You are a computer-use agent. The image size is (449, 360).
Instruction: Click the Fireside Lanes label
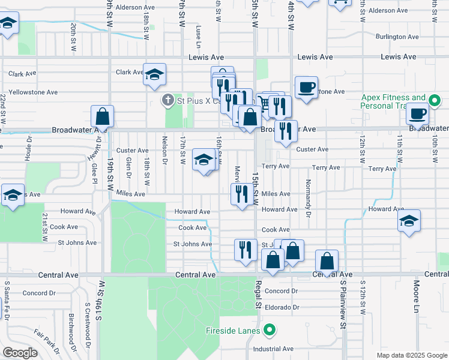click(232, 330)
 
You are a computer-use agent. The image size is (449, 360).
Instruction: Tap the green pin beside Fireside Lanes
click(270, 329)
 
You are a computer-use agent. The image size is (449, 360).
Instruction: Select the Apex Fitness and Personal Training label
click(393, 101)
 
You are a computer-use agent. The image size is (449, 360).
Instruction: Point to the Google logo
click(20, 353)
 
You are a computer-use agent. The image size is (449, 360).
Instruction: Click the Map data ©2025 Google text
click(412, 355)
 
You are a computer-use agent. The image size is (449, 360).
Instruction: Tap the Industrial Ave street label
click(273, 349)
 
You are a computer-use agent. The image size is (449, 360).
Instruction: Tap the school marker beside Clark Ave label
click(154, 74)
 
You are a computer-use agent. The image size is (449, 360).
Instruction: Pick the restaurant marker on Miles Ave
click(242, 194)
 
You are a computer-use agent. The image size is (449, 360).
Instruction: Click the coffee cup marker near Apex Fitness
click(417, 113)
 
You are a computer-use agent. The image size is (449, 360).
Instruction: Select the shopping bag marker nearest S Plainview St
click(327, 261)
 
